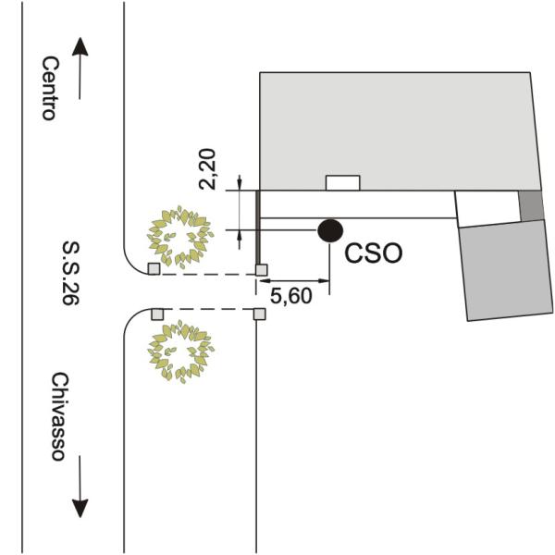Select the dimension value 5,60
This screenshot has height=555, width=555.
point(292,296)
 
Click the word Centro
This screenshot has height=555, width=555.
point(50,88)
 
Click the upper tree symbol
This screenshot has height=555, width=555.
point(180,237)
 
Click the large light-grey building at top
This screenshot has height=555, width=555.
point(398,129)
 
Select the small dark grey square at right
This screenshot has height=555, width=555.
point(531,205)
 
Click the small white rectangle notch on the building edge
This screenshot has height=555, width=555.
point(343,182)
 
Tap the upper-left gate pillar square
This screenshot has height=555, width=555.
point(154,268)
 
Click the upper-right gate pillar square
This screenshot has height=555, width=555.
point(261,269)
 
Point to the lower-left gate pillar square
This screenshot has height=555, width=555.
point(156,314)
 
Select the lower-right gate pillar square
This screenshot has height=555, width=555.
point(259,314)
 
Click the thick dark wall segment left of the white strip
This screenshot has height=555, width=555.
point(257,227)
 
